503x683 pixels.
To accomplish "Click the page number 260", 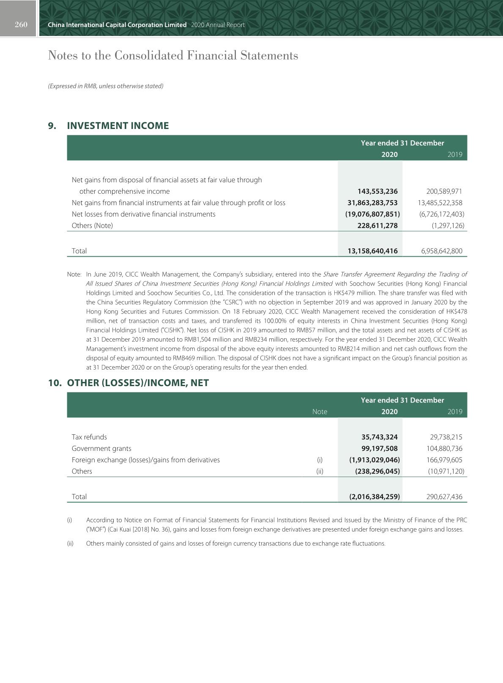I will pyautogui.click(x=21, y=25).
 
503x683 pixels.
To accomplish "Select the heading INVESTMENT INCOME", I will pyautogui.click(x=118, y=126).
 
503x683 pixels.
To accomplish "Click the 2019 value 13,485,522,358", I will pyautogui.click(x=440, y=203).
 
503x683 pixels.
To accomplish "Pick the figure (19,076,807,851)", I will pyautogui.click(x=372, y=214).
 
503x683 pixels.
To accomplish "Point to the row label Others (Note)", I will pyautogui.click(x=92, y=225).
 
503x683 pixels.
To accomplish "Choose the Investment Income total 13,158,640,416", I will pyautogui.click(x=372, y=251).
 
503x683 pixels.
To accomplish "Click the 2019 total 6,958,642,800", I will pyautogui.click(x=442, y=251).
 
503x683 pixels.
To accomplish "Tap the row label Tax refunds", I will pyautogui.click(x=89, y=437).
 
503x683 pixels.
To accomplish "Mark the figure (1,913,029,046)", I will pyautogui.click(x=374, y=460).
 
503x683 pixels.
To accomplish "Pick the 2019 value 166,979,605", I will pyautogui.click(x=444, y=460).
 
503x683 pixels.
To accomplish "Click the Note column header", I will pyautogui.click(x=320, y=411).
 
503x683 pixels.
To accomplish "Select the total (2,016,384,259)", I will pyautogui.click(x=374, y=496).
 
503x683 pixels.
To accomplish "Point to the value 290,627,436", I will pyautogui.click(x=444, y=496).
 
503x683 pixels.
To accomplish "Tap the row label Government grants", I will pyautogui.click(x=101, y=448).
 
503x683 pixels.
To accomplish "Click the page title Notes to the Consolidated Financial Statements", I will pyautogui.click(x=173, y=55).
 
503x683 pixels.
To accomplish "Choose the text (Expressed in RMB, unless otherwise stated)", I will pyautogui.click(x=106, y=86).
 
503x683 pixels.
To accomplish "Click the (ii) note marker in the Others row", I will pyautogui.click(x=320, y=471).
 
